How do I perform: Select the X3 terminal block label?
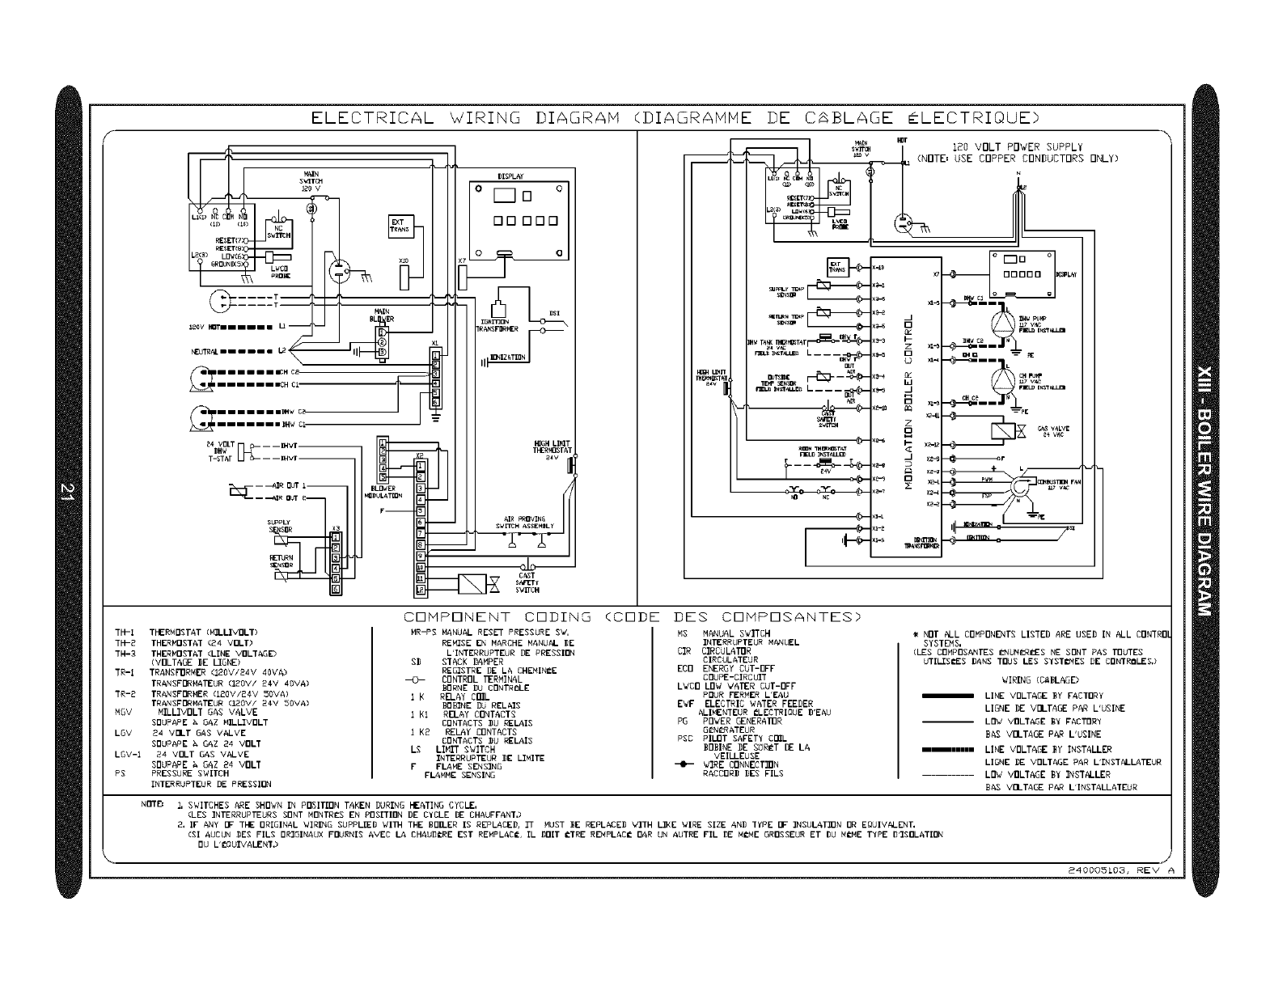click(x=336, y=527)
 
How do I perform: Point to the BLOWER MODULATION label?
click(x=383, y=492)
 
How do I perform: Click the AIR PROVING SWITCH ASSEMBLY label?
click(x=524, y=522)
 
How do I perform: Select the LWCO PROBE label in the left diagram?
click(x=281, y=273)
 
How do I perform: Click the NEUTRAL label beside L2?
click(x=204, y=352)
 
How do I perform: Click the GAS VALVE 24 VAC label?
click(x=1052, y=432)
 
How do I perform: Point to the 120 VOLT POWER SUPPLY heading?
click(x=1017, y=147)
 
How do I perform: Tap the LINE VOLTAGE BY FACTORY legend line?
click(x=946, y=696)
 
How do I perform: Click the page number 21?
click(x=70, y=491)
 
